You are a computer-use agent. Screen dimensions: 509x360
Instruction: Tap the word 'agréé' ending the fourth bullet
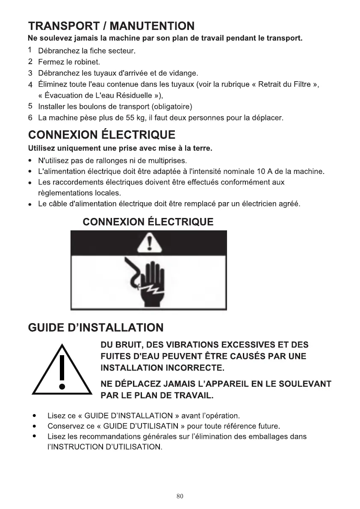coord(290,204)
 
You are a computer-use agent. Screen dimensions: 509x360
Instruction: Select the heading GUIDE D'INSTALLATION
coord(95,328)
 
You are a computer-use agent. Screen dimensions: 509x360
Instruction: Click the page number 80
coord(180,496)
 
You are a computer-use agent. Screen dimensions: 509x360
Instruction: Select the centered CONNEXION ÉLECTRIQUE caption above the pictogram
coord(148,222)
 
